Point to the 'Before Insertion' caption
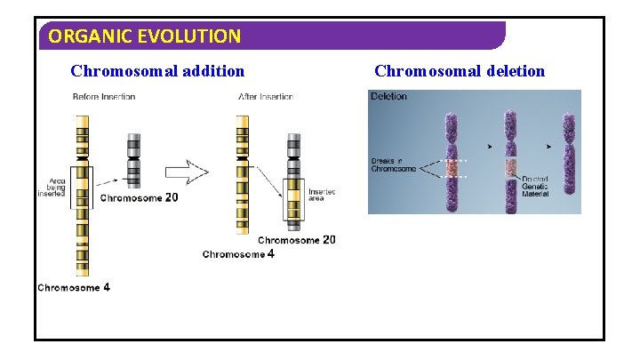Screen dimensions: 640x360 104,97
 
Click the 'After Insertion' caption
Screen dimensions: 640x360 266,97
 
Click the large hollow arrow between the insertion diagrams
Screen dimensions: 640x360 188,172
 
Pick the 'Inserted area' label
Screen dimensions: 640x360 322,195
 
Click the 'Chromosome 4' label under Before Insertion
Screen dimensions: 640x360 74,288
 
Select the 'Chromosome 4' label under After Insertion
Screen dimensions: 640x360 238,255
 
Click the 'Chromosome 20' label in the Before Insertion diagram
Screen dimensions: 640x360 139,198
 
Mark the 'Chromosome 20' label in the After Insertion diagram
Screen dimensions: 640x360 297,240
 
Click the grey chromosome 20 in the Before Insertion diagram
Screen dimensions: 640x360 133,160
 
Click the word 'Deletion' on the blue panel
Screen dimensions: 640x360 388,96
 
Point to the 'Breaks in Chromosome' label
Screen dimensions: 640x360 393,164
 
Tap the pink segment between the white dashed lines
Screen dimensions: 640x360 452,168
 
